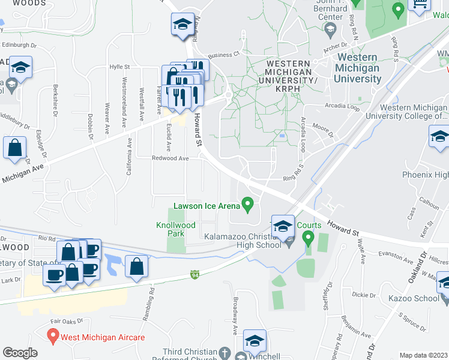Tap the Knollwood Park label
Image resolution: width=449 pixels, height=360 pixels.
pos(176,229)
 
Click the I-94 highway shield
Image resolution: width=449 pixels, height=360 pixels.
pos(195,274)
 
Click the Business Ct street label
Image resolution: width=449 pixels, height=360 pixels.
pos(224,53)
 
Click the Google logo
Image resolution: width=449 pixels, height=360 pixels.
pos(20,352)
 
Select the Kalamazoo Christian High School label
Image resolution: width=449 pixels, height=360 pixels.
pos(243,240)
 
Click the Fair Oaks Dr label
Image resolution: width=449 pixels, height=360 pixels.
pos(67,322)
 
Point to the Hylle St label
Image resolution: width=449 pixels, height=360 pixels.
pos(119,67)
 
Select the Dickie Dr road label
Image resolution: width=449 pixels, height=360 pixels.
pos(364,295)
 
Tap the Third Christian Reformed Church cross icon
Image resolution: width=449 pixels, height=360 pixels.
pos(225,352)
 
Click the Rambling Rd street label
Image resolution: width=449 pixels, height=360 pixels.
pos(152,298)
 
